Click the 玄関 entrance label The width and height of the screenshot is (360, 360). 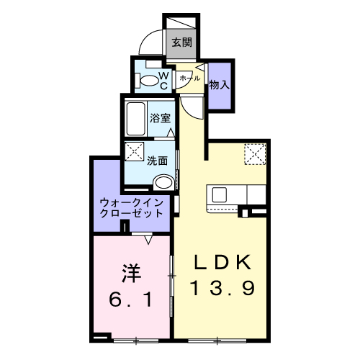pos(182,42)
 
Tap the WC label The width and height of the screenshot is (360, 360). pos(164,81)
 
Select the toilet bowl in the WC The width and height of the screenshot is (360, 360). pos(148,81)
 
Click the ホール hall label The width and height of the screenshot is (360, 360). pos(189,78)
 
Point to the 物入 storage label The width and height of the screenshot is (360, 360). pos(220,85)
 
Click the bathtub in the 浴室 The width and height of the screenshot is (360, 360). pos(135,119)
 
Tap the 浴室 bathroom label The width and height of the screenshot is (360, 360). pos(161,118)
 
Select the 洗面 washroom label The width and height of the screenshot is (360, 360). pos(157,161)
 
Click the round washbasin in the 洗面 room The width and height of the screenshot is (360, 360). pos(164,183)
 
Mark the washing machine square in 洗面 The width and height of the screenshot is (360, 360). pos(134,151)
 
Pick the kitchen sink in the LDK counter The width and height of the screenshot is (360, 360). pos(219,194)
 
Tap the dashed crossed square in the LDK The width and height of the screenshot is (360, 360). pos(255,154)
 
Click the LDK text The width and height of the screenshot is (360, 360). pos(222,262)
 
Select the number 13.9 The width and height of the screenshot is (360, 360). pos(222,288)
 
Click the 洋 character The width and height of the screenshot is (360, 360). pos(131,274)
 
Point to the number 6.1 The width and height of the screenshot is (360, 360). pos(131,300)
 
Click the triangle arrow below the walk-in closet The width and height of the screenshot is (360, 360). pos(148,240)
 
